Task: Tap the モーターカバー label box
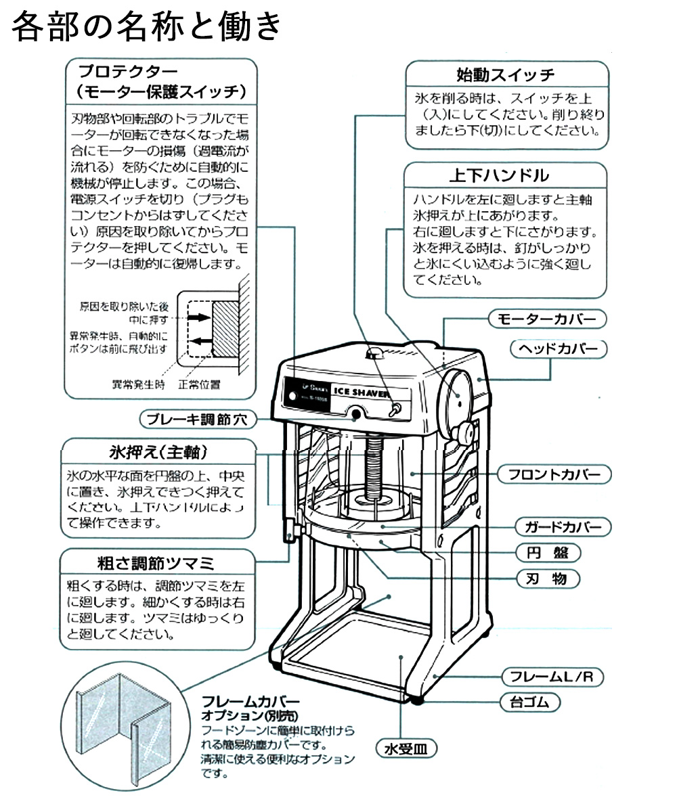[x=547, y=319]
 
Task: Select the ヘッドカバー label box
[x=558, y=349]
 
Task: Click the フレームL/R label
[x=552, y=676]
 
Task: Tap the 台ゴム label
[x=530, y=702]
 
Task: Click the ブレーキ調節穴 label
[x=189, y=420]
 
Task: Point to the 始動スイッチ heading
[x=506, y=74]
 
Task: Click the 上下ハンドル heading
[x=506, y=175]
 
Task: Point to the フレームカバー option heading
[x=250, y=702]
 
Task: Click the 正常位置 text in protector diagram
[x=200, y=385]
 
